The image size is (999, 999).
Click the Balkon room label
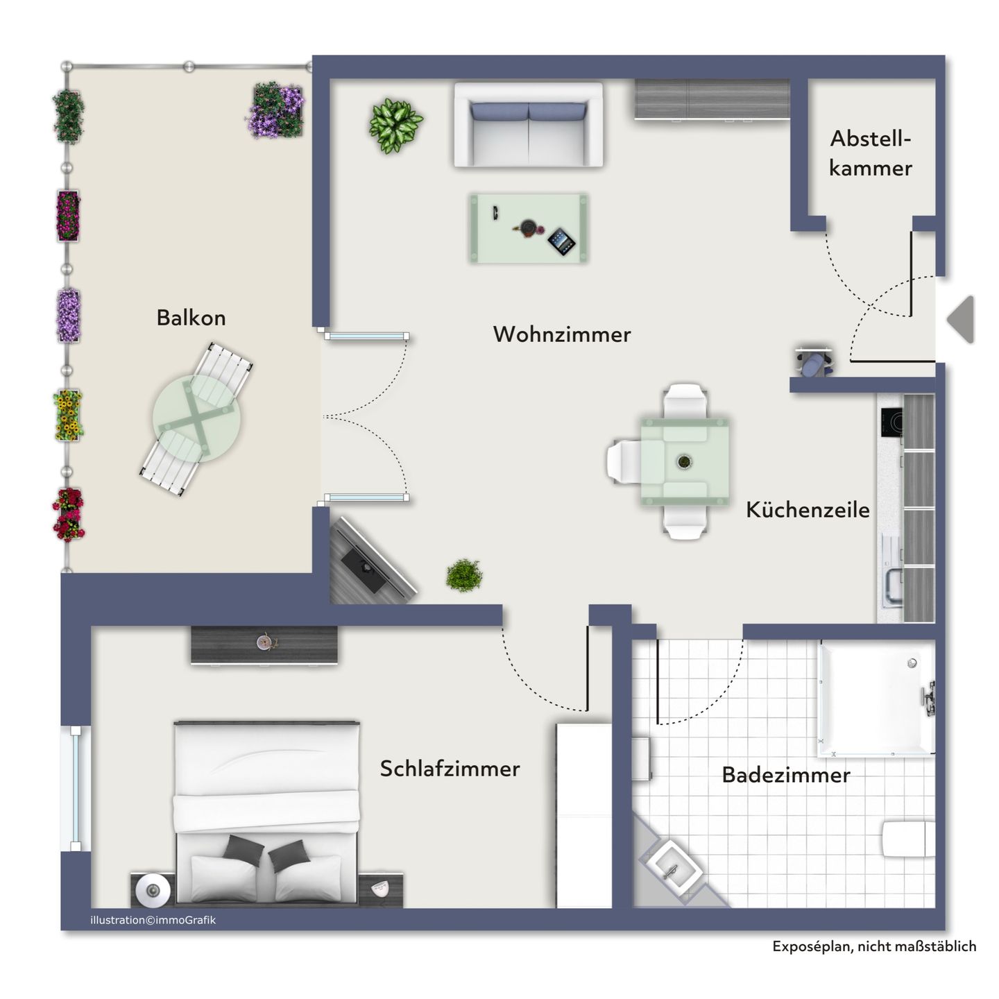click(x=191, y=318)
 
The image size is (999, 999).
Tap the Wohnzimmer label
click(x=562, y=334)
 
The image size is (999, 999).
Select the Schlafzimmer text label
click(x=450, y=769)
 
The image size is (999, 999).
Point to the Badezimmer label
click(x=785, y=775)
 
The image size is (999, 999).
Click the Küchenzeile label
click(x=808, y=510)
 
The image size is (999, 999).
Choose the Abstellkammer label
click(x=870, y=153)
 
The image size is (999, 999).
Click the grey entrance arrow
click(x=962, y=319)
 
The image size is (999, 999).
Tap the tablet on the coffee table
click(x=561, y=241)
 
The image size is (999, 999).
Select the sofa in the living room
click(x=529, y=126)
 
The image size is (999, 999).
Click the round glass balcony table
click(x=196, y=420)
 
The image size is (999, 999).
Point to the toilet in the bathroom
click(x=908, y=839)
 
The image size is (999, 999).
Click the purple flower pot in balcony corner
click(x=277, y=110)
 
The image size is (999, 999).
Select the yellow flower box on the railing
click(x=69, y=415)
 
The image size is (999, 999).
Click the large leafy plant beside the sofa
click(x=395, y=125)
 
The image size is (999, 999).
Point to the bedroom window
click(x=75, y=788)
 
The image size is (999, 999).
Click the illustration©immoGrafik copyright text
click(x=153, y=920)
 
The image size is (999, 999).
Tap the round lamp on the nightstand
click(x=153, y=889)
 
